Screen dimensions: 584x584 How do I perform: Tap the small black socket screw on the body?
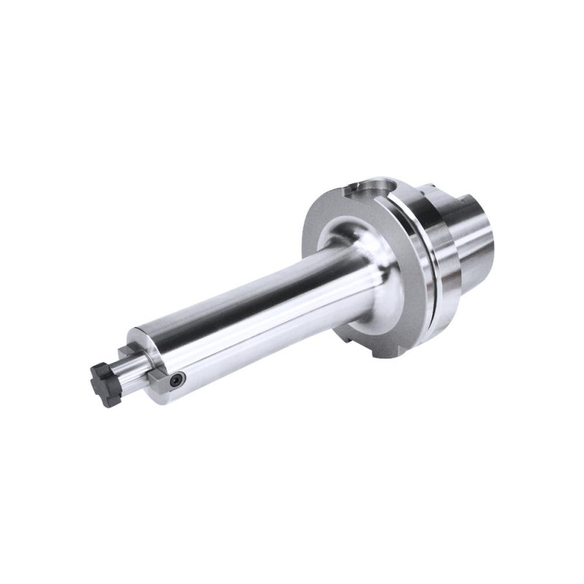176,380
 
